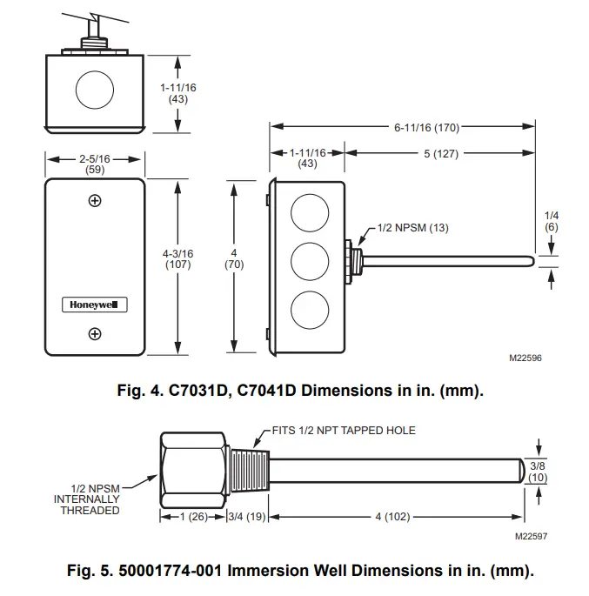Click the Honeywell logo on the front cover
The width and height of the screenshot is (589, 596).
pos(95,305)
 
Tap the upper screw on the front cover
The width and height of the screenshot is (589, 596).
pos(95,201)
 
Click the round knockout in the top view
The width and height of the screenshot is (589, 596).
pos(95,90)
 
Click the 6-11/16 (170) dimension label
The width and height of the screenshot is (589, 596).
pos(425,128)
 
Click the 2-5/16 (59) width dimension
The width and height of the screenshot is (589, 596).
pos(94,165)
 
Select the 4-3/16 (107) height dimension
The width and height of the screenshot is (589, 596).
pos(178,259)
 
